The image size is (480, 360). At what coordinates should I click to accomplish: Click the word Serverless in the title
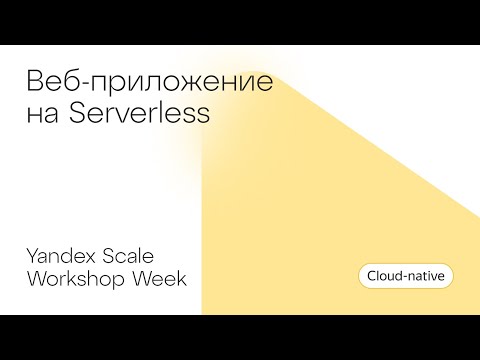pyautogui.click(x=147, y=113)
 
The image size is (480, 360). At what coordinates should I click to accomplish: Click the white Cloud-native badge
pyautogui.click(x=405, y=274)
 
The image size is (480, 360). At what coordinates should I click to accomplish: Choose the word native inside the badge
pyautogui.click(x=426, y=274)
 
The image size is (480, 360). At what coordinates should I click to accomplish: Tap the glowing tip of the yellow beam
pyautogui.click(x=206, y=143)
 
